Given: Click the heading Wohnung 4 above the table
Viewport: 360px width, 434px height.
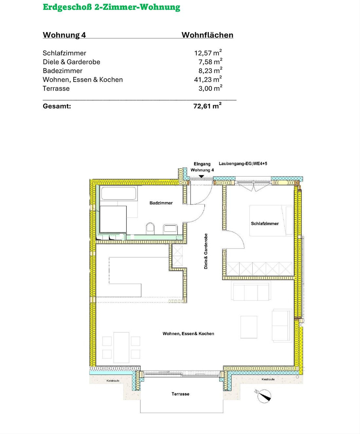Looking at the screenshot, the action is coord(64,35).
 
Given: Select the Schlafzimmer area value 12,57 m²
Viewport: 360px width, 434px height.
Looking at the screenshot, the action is coord(208,53).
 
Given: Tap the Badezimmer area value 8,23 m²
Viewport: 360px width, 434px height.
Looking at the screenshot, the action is coord(210,71).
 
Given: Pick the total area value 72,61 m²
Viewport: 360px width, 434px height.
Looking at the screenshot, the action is coord(207,106).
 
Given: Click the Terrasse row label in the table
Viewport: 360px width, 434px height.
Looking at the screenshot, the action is coord(56,88).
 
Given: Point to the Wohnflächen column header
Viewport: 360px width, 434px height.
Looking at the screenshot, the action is coord(207,35).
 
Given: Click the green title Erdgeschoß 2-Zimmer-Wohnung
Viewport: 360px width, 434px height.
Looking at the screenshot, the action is coord(112,7).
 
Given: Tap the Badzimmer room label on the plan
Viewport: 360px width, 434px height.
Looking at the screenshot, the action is coord(161,203).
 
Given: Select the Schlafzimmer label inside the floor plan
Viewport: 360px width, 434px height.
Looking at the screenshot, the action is coord(265,223).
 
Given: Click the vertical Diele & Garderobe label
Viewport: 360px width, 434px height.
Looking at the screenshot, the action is coord(206,251).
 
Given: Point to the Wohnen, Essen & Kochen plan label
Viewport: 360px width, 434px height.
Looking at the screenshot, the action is coord(188,334).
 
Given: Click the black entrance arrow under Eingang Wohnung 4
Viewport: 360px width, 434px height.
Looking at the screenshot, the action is coord(201,177).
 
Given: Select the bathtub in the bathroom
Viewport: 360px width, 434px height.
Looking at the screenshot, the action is coord(118,193).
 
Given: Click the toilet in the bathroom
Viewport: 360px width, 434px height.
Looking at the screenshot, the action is coord(150,229).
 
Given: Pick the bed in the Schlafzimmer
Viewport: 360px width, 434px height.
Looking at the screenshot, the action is coord(271,221).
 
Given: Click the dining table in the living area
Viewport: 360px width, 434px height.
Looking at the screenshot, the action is coord(121,348).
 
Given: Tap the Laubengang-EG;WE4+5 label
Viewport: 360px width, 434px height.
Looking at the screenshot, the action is coord(243,164).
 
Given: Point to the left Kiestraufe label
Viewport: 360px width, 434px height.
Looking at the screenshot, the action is coord(113,381).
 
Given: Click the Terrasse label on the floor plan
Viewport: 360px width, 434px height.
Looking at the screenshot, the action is coord(180,394).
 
